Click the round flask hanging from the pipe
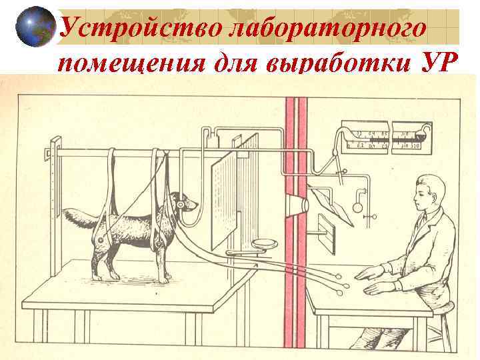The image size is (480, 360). tap(357, 207)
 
